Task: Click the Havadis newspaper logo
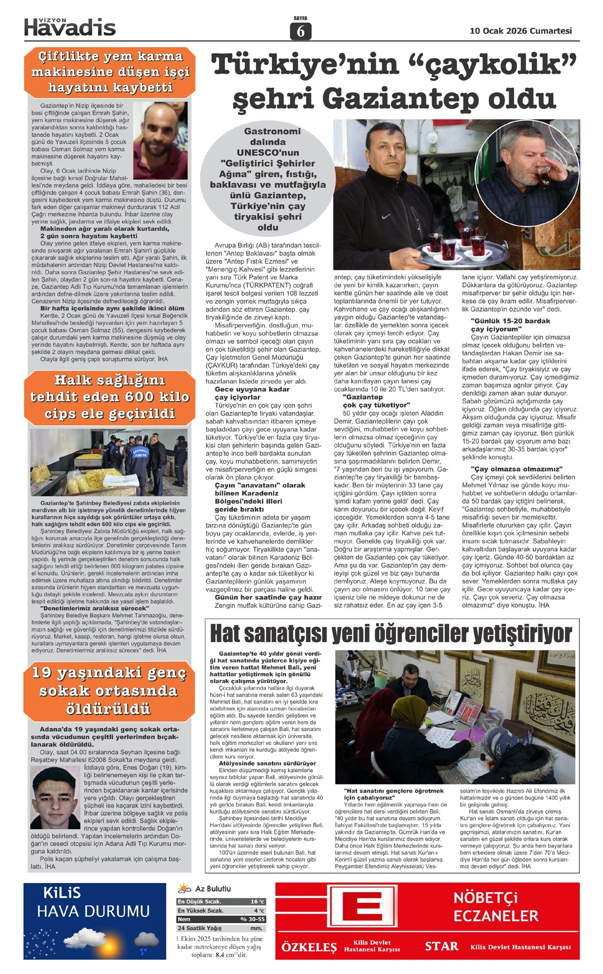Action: [70, 27]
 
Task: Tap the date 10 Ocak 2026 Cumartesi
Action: [521, 31]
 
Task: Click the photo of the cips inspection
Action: [109, 462]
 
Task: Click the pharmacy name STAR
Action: [442, 946]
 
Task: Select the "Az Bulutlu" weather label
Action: [213, 889]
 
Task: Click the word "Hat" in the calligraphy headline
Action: [225, 634]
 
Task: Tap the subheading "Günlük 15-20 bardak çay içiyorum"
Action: [510, 325]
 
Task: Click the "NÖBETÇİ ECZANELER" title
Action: [495, 907]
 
